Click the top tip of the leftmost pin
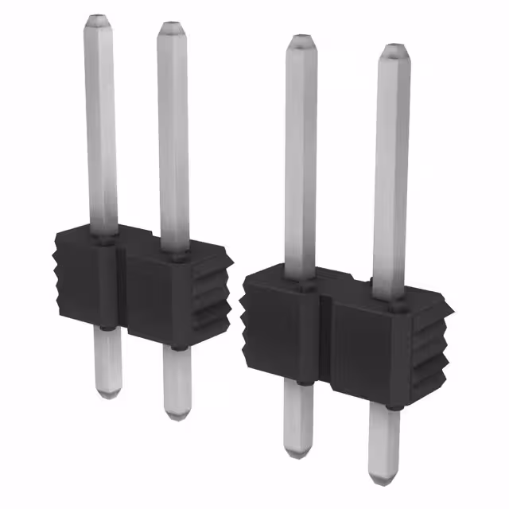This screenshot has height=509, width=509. pyautogui.click(x=97, y=17)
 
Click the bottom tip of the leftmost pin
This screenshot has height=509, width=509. pyautogui.click(x=108, y=394)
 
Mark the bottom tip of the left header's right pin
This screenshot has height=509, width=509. pyautogui.click(x=177, y=416)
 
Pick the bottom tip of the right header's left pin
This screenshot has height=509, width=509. pyautogui.click(x=298, y=453)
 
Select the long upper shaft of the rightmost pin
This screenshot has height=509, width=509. pyautogui.click(x=390, y=167)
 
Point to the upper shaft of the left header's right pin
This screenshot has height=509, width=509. pyautogui.click(x=173, y=135)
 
